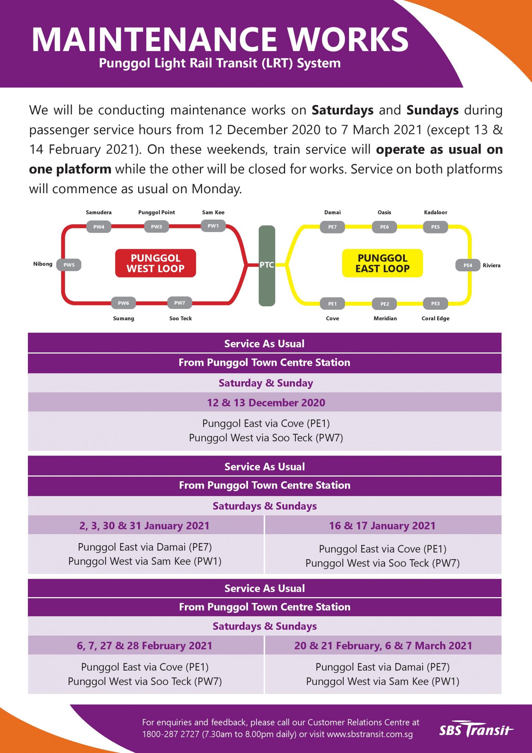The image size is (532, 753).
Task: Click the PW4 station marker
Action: pyautogui.click(x=99, y=227)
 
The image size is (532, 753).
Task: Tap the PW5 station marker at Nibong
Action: pyautogui.click(x=69, y=265)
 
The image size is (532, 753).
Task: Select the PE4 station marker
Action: pyautogui.click(x=468, y=265)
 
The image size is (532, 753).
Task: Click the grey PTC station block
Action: pyautogui.click(x=267, y=265)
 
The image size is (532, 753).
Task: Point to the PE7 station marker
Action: pyautogui.click(x=332, y=227)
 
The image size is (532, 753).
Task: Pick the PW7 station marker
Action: pyautogui.click(x=179, y=303)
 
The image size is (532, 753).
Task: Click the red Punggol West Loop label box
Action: pyautogui.click(x=155, y=263)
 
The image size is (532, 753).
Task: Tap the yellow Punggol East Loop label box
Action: pyautogui.click(x=382, y=263)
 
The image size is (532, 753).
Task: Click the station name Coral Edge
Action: pyautogui.click(x=435, y=318)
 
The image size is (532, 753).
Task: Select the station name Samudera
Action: pyautogui.click(x=98, y=213)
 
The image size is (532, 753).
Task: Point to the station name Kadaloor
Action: pyautogui.click(x=435, y=213)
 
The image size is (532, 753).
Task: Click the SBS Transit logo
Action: pyautogui.click(x=476, y=729)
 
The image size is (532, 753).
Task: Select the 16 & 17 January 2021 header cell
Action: pyautogui.click(x=382, y=526)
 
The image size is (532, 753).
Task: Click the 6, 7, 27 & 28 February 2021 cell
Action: pyautogui.click(x=144, y=646)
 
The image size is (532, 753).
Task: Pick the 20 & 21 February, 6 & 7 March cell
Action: pyautogui.click(x=383, y=646)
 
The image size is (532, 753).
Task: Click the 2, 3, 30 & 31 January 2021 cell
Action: pyautogui.click(x=144, y=526)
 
